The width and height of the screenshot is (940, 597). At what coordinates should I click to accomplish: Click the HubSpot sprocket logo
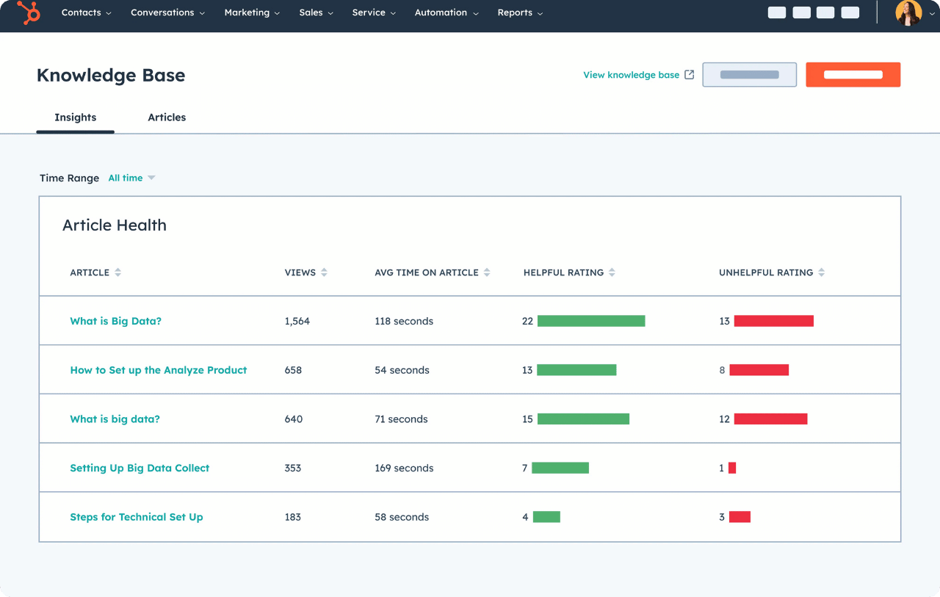pyautogui.click(x=29, y=13)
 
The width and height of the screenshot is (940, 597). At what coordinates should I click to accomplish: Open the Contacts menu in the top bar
pyautogui.click(x=86, y=13)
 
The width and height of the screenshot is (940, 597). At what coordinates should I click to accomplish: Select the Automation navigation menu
pyautogui.click(x=446, y=13)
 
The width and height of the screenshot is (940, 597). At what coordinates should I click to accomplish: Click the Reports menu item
pyautogui.click(x=520, y=13)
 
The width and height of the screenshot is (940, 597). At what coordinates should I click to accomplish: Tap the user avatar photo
pyautogui.click(x=908, y=13)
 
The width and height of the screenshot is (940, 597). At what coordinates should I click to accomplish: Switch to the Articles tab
pyautogui.click(x=167, y=117)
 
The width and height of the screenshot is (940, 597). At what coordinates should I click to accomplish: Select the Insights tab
pyautogui.click(x=76, y=117)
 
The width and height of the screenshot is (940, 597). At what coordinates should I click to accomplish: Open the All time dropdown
pyautogui.click(x=131, y=178)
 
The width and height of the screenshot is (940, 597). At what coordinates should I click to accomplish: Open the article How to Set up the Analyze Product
pyautogui.click(x=159, y=370)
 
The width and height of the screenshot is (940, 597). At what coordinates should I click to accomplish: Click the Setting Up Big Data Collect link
pyautogui.click(x=140, y=468)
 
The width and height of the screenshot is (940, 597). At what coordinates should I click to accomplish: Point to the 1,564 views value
pyautogui.click(x=297, y=322)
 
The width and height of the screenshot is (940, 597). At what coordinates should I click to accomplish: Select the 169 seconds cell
pyautogui.click(x=404, y=468)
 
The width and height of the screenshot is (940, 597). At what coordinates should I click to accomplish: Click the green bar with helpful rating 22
pyautogui.click(x=591, y=321)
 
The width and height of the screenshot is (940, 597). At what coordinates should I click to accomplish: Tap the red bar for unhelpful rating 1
pyautogui.click(x=732, y=468)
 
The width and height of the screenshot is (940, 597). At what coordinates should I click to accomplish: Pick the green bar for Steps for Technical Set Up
pyautogui.click(x=546, y=517)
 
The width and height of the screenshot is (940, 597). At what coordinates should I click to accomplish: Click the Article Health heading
pyautogui.click(x=115, y=225)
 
